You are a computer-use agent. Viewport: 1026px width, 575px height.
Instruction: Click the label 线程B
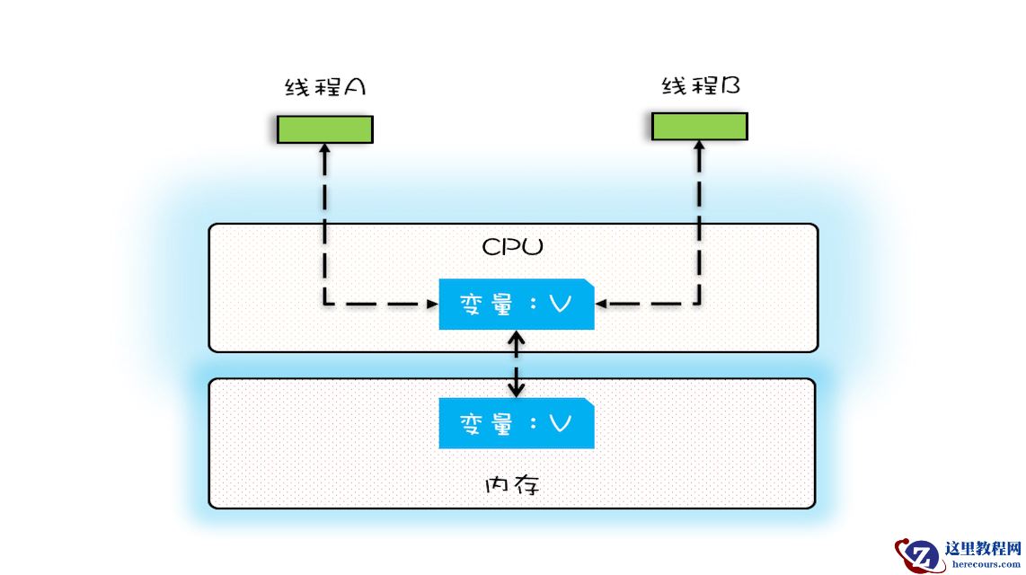click(x=701, y=85)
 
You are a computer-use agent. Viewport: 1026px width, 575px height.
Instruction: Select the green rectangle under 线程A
click(x=324, y=129)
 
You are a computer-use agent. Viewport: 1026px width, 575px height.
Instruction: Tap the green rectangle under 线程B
click(x=699, y=126)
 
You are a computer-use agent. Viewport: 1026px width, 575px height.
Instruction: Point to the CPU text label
click(x=512, y=247)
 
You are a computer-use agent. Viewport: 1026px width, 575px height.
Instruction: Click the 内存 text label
click(x=512, y=486)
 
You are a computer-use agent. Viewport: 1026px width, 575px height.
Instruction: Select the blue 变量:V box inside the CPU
click(x=516, y=305)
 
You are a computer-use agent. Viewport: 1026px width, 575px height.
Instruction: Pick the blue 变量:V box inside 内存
click(x=516, y=423)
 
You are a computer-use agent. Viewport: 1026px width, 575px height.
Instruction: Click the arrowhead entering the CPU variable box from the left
click(x=431, y=305)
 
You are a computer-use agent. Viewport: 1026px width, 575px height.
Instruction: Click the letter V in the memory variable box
click(x=560, y=423)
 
